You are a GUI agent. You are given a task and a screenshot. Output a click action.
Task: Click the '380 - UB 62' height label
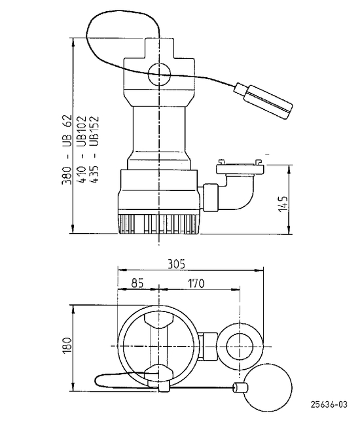(67, 149)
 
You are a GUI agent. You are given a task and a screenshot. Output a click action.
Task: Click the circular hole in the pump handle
(159, 74)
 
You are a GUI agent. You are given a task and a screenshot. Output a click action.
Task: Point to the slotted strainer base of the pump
(159, 223)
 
